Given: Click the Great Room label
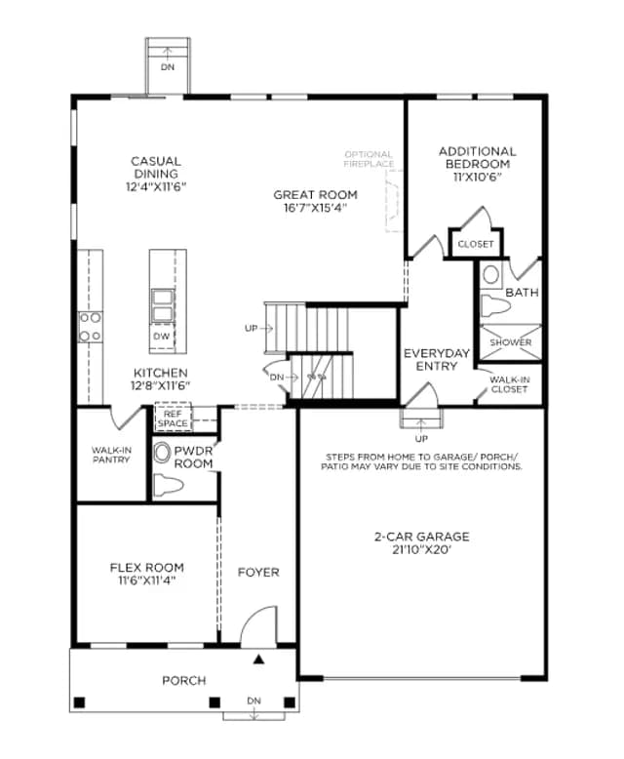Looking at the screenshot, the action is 315,195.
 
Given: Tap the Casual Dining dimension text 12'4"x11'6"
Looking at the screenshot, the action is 156,187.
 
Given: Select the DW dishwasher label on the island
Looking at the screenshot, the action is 161,336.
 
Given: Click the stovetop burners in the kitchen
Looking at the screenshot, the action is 91,327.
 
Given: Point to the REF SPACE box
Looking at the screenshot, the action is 173,419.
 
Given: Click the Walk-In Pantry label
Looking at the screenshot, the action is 111,455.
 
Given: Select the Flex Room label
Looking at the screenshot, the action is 146,568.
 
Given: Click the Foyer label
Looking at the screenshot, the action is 258,573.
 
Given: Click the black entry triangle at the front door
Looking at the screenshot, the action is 259,659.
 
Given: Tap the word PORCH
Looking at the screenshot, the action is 184,681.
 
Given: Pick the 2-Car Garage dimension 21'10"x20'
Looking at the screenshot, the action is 422,550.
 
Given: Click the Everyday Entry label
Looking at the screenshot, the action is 437,360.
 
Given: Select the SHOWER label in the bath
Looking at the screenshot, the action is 511,342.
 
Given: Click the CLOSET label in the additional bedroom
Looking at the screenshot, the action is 476,245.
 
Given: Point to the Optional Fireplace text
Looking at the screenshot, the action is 370,159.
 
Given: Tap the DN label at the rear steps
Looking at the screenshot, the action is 168,67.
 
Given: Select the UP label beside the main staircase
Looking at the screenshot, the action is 251,328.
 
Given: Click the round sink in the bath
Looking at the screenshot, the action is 491,275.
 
